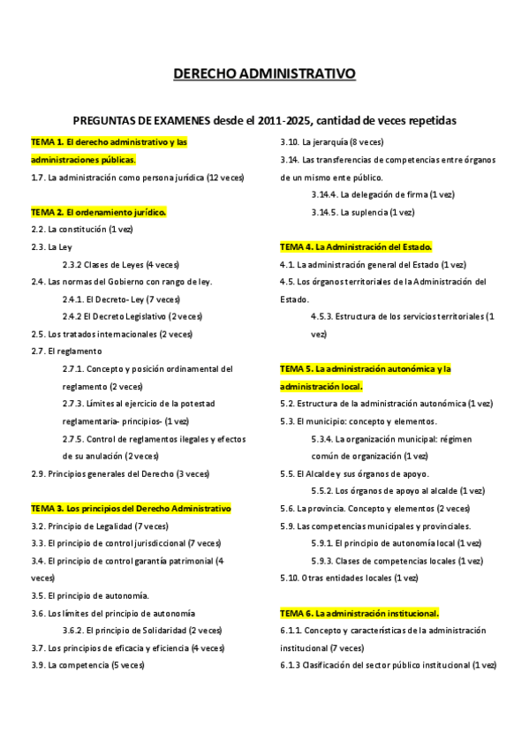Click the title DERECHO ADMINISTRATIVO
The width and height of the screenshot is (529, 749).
[x=264, y=73]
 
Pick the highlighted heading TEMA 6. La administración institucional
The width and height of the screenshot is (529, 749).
[x=359, y=613]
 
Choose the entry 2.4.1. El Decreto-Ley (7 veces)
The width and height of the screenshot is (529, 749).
[x=133, y=299]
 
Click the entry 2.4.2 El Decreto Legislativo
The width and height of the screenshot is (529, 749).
[x=132, y=316]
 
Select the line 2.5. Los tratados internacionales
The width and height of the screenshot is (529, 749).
[x=111, y=334]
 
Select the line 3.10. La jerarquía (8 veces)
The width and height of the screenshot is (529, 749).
[x=332, y=141]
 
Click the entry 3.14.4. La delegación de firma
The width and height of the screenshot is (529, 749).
[x=383, y=194]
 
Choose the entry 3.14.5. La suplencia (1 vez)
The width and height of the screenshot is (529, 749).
[x=363, y=212]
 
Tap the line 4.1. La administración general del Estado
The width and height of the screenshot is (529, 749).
[x=373, y=264]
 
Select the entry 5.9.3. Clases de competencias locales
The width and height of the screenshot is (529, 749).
[x=397, y=561]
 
